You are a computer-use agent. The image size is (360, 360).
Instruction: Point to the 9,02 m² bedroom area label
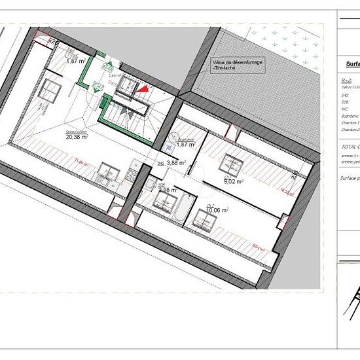coord(233,182)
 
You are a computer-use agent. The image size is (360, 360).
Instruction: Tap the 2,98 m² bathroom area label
coord(168,190)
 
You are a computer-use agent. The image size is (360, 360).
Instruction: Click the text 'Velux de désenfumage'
coord(237,62)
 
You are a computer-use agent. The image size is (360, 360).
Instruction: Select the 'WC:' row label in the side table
coord(345,108)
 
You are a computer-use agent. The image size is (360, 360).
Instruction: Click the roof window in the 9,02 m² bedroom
coord(230,160)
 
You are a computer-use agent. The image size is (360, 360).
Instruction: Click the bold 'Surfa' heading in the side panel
coord(352,65)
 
